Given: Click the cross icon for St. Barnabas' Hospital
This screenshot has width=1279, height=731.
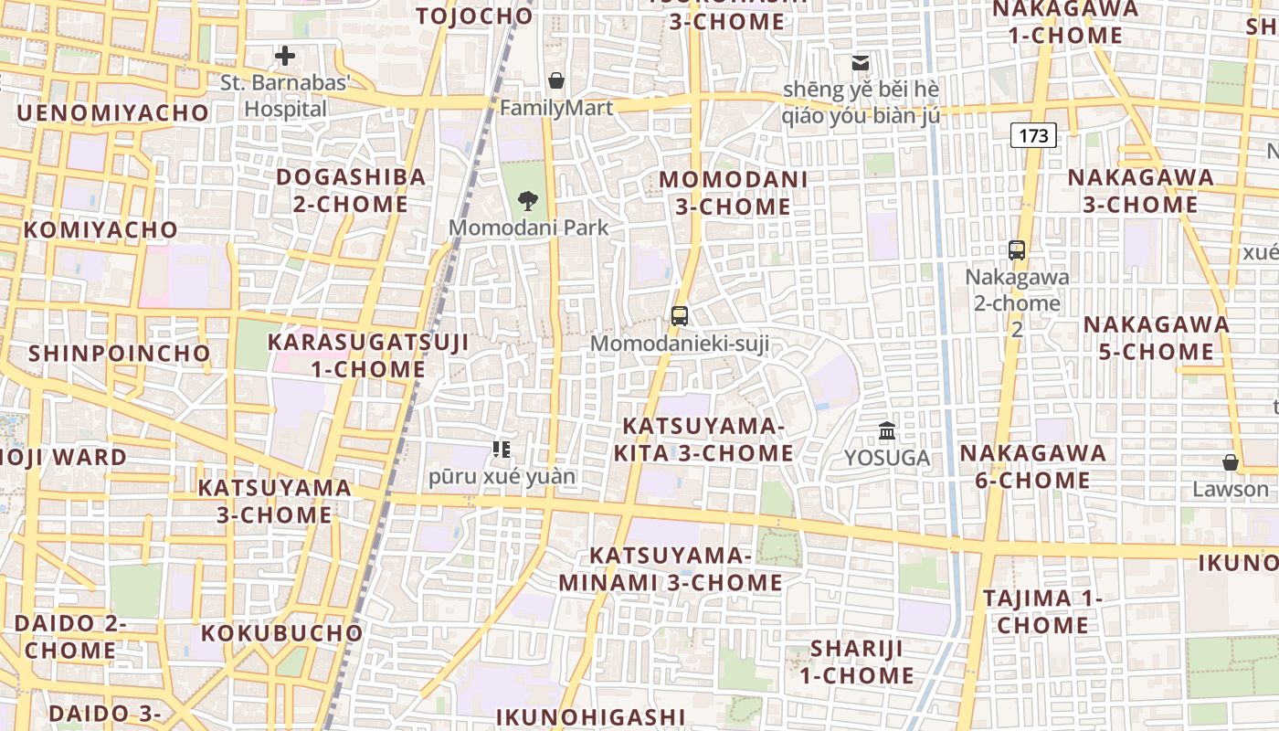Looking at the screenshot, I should click(x=285, y=57).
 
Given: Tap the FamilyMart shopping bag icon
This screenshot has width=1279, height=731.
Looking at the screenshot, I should click(x=555, y=80).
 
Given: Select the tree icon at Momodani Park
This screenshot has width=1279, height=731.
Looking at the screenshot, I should click(x=527, y=200).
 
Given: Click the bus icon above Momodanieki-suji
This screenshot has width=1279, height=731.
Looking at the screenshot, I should click(x=680, y=316).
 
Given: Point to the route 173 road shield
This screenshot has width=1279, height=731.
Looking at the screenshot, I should click(x=1033, y=135).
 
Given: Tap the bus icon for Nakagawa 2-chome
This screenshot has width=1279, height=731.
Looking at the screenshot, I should click(x=1016, y=249).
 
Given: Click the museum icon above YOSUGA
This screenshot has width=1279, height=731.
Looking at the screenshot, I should click(x=887, y=430).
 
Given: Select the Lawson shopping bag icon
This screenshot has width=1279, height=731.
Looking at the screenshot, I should click(x=1231, y=462).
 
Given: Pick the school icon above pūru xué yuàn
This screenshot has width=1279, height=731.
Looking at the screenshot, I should click(x=502, y=449).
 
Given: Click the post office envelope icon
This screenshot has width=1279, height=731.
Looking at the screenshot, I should click(x=860, y=63).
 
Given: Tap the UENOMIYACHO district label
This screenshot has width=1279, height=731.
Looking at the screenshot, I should click(x=112, y=112).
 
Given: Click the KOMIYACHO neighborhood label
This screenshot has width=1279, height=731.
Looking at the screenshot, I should click(x=100, y=229).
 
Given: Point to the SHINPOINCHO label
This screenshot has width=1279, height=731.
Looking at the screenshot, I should click(x=119, y=353).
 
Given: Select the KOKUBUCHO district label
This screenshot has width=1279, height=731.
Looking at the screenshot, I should click(x=281, y=632).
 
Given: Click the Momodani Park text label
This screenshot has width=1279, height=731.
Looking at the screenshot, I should click(x=528, y=228).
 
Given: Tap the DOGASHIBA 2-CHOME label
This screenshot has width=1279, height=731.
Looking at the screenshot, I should click(x=351, y=190).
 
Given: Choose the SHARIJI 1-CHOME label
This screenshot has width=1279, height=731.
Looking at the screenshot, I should click(x=857, y=662).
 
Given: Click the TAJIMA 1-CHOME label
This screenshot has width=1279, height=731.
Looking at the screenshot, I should click(x=1042, y=611).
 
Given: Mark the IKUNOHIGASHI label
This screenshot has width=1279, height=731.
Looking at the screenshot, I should click(x=590, y=716).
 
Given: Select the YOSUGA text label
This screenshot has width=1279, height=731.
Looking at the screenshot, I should click(x=887, y=458).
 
